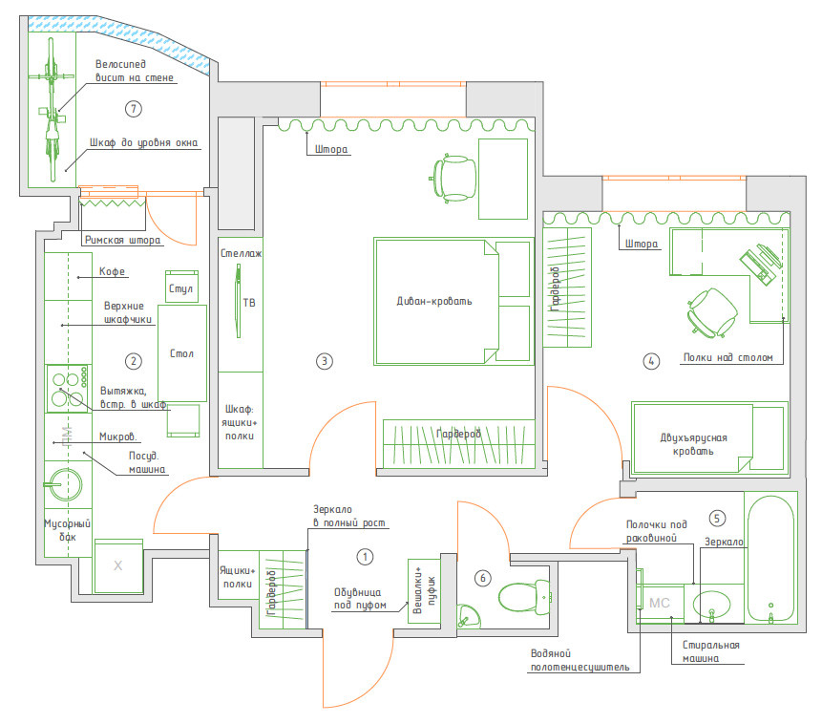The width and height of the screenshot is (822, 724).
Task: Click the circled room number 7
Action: [133, 109]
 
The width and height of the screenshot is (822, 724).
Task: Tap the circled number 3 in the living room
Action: [325, 361]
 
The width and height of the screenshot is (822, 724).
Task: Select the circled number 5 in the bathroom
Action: [717, 519]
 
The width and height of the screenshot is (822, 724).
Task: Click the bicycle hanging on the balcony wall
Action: [52, 109]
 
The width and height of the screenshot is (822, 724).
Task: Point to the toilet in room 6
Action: [524, 598]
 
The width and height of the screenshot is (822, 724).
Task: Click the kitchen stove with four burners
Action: [68, 389]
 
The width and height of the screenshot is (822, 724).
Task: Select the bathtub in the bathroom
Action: [770, 559]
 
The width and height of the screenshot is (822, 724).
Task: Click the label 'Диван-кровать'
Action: [434, 301]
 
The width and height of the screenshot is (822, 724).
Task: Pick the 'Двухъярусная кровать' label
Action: [693, 444]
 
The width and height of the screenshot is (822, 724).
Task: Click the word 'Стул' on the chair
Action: [180, 288]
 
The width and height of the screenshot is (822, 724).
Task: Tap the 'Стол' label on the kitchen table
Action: [181, 353]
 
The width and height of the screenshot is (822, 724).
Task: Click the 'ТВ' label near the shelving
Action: [249, 303]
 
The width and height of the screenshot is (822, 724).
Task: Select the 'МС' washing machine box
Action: [660, 604]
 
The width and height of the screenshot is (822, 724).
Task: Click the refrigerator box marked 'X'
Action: [118, 566]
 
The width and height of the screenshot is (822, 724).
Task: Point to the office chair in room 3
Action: [454, 179]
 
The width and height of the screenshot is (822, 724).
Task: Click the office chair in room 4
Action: [712, 312]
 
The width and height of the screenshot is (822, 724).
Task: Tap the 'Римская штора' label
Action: [122, 241]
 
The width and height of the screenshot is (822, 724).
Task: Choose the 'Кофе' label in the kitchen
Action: [113, 272]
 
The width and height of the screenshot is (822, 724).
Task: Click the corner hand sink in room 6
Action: [468, 616]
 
